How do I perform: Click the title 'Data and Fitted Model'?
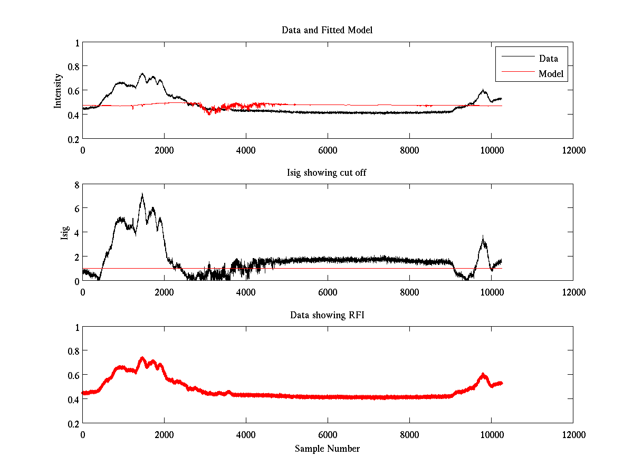327,30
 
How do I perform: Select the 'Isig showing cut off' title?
327,173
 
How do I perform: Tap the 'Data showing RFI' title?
327,315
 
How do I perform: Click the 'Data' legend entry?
549,58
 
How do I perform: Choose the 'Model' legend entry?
551,74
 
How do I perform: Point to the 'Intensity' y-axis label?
59,91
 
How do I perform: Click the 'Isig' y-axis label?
64,233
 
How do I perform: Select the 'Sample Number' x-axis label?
327,449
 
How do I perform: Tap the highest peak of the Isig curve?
142,194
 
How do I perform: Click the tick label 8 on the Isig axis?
76,185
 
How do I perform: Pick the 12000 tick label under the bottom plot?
573,435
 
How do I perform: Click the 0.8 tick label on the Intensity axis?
73,66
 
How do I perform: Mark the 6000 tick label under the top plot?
328,150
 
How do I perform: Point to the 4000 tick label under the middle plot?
246,292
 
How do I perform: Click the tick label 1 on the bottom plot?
76,327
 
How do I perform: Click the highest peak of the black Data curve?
142,73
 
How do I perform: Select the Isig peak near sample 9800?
483,236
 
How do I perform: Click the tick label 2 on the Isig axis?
76,256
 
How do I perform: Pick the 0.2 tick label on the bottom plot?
73,423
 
